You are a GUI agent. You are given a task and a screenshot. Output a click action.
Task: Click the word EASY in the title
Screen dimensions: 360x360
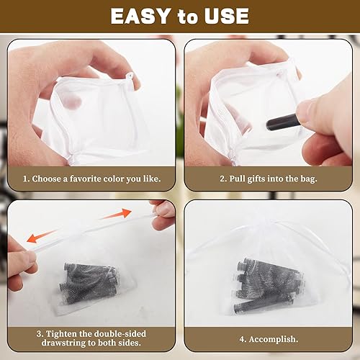point(140,16)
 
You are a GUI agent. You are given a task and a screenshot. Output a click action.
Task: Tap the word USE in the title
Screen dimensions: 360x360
point(227,16)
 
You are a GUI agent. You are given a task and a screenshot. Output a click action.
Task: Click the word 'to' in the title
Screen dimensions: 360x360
point(187,17)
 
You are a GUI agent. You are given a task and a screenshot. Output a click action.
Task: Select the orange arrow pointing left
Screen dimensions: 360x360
point(42,236)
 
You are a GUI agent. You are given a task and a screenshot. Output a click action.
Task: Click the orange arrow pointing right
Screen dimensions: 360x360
point(116,214)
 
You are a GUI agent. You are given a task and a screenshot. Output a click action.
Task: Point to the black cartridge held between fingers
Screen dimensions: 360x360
point(283,122)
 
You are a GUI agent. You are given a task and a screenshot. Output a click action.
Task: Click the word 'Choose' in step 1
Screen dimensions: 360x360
point(46,179)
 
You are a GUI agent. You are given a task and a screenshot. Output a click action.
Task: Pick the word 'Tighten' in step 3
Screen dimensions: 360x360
point(60,334)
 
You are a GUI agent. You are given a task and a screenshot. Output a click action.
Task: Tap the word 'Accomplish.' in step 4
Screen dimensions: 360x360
point(274,339)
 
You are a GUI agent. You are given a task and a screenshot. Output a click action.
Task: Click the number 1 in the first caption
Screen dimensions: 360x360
point(25,179)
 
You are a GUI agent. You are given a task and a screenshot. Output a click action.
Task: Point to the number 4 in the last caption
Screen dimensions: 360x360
point(242,339)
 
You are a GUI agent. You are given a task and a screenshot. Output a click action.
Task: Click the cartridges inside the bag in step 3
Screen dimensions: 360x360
point(90,283)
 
